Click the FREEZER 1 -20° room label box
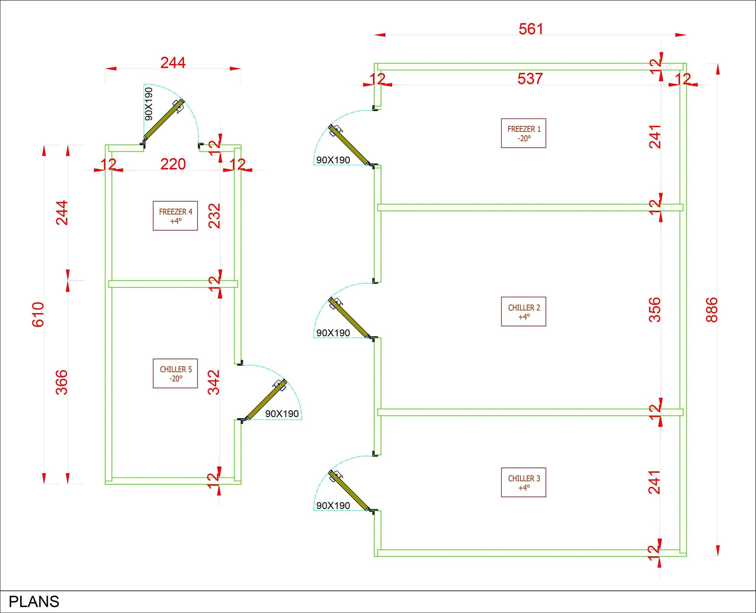(523, 133)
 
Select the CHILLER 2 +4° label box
(523, 311)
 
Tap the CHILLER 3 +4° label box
(523, 482)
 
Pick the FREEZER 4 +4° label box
(175, 216)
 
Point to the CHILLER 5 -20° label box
(175, 374)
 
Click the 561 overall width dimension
(530, 29)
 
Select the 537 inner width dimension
(530, 78)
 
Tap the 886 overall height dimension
(711, 310)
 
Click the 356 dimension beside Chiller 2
(654, 310)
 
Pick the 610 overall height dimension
(38, 314)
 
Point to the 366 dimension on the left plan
(61, 382)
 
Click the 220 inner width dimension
(173, 164)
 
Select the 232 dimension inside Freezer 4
(214, 216)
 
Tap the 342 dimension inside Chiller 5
(214, 382)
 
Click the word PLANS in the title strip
(34, 602)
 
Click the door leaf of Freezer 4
(163, 120)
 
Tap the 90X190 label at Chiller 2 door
(333, 333)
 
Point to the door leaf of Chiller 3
(349, 490)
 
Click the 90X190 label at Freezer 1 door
(333, 160)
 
